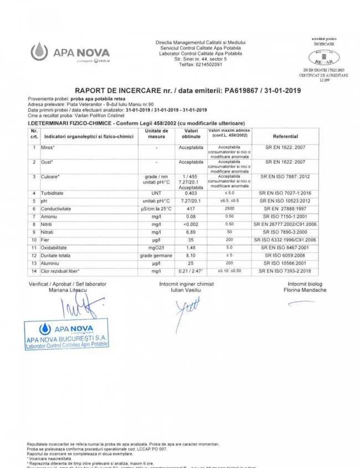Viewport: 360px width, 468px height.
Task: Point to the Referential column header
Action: click(x=293, y=136)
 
